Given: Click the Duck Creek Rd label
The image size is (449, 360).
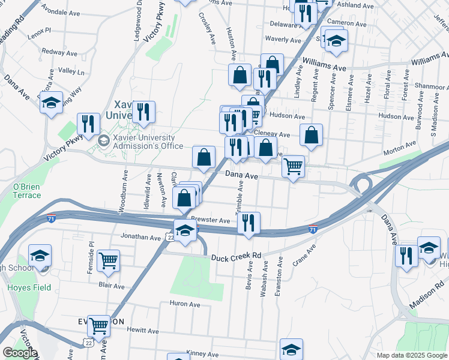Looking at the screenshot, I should pos(236,256).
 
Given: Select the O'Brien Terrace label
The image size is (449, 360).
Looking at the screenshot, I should pos(27,191).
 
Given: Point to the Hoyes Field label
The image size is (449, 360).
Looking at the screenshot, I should pos(23,287).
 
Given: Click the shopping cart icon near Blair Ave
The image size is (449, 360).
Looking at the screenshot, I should pos(109,260).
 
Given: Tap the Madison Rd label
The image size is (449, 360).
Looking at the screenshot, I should pos(422,298).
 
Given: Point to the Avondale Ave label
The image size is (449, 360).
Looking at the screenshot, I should pos(63,12).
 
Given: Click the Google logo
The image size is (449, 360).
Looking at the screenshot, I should pos(19,353).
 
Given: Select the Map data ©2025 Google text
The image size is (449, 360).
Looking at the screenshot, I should pos(411,355).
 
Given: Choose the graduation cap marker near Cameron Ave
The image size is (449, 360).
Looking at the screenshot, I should pos(337,41).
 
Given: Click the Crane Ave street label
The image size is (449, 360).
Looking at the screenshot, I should pos(304,256).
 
